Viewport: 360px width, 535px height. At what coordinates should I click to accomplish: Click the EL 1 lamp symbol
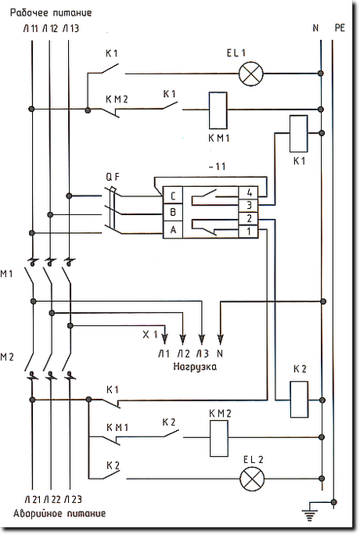click(251, 74)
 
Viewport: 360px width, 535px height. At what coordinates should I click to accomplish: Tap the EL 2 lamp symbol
click(252, 479)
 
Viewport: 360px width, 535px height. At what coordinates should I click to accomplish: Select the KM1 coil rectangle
click(218, 110)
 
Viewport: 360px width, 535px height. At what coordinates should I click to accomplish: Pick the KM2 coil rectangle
click(218, 438)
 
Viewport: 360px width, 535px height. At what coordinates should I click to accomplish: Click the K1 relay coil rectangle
click(299, 134)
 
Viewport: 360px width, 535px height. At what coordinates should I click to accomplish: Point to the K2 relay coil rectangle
click(299, 400)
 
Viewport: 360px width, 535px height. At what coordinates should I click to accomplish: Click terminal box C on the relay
click(173, 196)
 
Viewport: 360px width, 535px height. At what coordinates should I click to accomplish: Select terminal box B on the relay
click(173, 213)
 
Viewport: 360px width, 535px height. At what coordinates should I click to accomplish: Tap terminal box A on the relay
click(173, 230)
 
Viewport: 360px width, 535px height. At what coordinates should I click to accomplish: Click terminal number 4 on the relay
click(248, 192)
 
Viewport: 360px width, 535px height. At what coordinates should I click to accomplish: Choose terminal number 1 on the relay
click(248, 232)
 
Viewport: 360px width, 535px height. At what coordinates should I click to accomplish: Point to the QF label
click(113, 177)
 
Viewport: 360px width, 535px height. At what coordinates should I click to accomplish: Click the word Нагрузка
click(195, 367)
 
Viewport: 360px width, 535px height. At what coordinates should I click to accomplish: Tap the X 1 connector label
click(149, 335)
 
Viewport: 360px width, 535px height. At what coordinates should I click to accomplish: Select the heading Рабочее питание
click(51, 13)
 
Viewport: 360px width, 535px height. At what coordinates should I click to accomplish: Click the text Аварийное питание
click(59, 514)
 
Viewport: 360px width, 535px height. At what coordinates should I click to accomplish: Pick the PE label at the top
click(340, 27)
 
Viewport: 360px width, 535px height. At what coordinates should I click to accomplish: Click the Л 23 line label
click(72, 500)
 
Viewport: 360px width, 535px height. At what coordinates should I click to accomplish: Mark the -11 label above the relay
click(217, 167)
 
